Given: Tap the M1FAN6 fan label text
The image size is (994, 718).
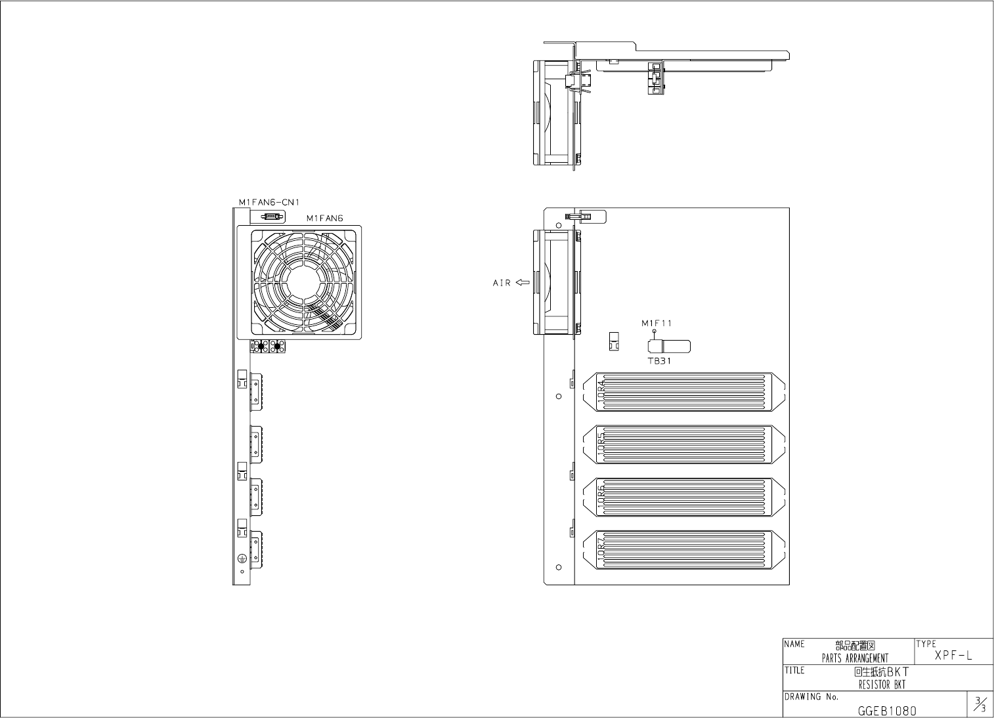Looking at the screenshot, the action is pyautogui.click(x=324, y=218).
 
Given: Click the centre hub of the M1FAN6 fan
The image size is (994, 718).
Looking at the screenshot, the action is pyautogui.click(x=306, y=282).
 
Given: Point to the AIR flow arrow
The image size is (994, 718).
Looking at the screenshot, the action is pyautogui.click(x=523, y=283).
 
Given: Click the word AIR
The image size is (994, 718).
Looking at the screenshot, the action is pyautogui.click(x=502, y=284).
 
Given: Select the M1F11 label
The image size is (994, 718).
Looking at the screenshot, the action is pyautogui.click(x=657, y=323).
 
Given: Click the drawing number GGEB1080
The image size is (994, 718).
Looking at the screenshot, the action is pyautogui.click(x=886, y=711).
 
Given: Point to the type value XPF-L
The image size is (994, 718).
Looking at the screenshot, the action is pyautogui.click(x=953, y=656).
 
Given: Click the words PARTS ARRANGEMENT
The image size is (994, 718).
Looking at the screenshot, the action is pyautogui.click(x=855, y=658).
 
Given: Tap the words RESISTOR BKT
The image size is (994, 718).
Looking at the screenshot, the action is pyautogui.click(x=881, y=685).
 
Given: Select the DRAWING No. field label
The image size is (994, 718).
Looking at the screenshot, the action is pyautogui.click(x=811, y=697).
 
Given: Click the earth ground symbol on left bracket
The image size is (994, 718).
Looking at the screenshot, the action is pyautogui.click(x=241, y=558).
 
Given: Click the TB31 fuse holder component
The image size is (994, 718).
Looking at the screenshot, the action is pyautogui.click(x=668, y=347).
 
